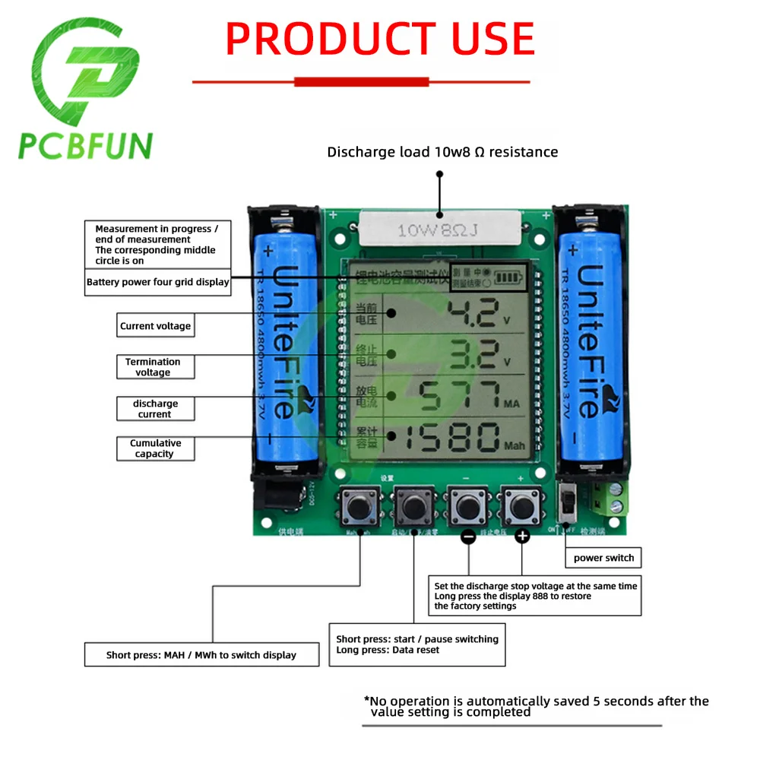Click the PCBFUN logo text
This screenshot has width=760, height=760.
tap(85, 145)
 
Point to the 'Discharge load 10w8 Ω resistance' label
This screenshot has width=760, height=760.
tap(442, 152)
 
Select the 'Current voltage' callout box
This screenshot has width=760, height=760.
tap(155, 326)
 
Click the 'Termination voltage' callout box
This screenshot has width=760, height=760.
tap(155, 367)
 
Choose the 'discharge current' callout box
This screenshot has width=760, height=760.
tap(155, 408)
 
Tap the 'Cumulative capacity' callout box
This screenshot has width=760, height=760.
tap(155, 448)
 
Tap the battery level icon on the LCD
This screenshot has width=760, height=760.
tap(507, 278)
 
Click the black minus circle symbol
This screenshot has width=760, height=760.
tap(469, 537)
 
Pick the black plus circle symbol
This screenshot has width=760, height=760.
tap(522, 537)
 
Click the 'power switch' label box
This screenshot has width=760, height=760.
tap(603, 558)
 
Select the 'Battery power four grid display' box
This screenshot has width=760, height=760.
tap(157, 282)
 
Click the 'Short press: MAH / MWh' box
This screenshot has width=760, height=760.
tap(201, 655)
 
